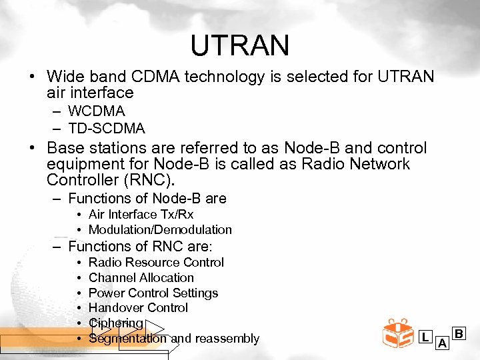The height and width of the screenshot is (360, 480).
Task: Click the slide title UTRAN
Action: coord(239,45)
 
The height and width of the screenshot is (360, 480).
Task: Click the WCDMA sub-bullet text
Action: coord(96,111)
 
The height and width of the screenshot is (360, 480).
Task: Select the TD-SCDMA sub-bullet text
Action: coord(106,127)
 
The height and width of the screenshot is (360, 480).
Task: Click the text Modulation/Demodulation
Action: coord(160,230)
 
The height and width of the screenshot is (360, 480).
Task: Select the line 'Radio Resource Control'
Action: coord(156,263)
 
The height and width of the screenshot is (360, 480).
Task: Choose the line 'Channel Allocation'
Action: coord(141,278)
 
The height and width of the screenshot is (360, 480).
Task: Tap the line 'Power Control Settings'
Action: coord(153,293)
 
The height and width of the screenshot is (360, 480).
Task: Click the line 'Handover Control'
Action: coord(138,308)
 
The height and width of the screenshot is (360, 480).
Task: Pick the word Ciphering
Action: coord(115,323)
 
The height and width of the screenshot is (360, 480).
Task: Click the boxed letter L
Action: coord(425,337)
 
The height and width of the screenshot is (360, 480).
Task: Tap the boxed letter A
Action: coord(441,343)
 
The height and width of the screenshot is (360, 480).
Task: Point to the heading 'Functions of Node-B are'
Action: coord(147,198)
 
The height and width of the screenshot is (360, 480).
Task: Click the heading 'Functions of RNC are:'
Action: coord(140,246)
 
